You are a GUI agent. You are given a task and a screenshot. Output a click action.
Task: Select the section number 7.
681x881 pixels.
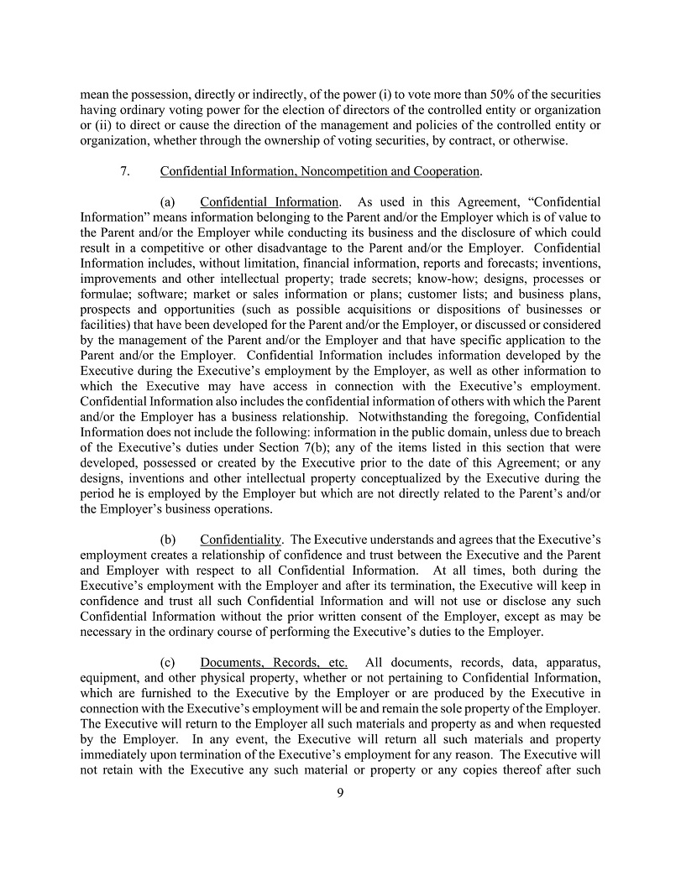[x=125, y=171]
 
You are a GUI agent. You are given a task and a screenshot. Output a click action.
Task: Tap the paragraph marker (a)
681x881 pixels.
[x=167, y=202]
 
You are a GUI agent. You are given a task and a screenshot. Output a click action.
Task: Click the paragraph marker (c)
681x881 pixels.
[x=167, y=662]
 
